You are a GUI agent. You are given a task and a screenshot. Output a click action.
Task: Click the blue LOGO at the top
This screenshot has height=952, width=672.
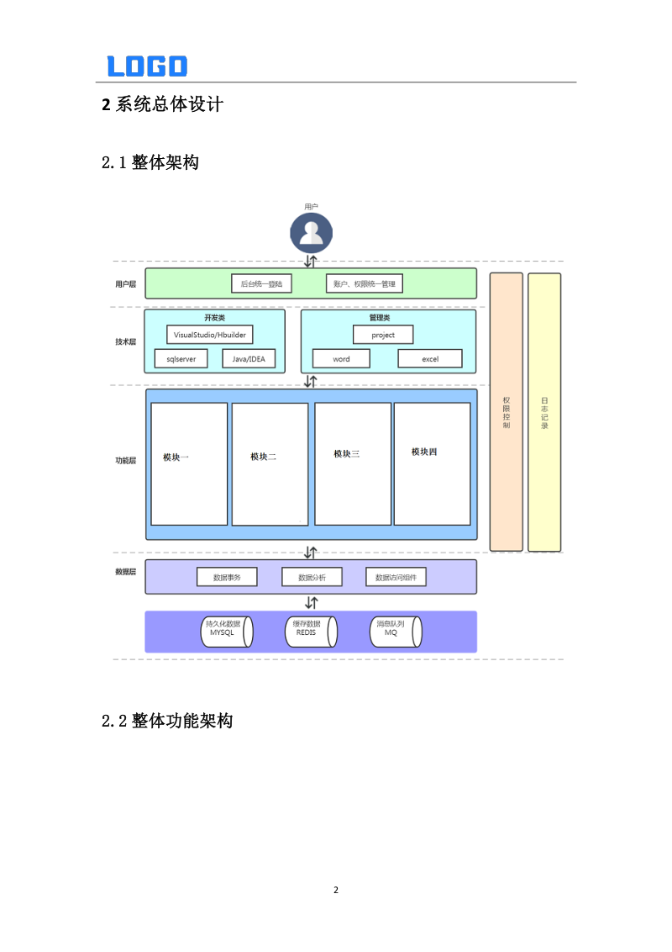[147, 66]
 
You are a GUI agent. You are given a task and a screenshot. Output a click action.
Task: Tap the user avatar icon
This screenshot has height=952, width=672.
[311, 233]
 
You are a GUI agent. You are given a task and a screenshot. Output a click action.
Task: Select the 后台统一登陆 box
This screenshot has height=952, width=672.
[261, 284]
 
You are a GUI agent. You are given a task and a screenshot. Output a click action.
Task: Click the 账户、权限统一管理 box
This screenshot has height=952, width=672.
[364, 284]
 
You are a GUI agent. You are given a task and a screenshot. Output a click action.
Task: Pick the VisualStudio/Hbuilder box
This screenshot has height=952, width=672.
[209, 335]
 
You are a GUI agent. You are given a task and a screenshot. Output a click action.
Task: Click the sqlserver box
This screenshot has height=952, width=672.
[181, 359]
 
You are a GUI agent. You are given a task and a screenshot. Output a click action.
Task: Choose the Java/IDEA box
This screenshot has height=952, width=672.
[249, 359]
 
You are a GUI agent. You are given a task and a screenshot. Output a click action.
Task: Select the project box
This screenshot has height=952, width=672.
[383, 335]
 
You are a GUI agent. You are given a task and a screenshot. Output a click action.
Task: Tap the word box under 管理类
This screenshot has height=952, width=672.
[341, 359]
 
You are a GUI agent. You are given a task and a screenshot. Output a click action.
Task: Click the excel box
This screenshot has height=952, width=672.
[430, 359]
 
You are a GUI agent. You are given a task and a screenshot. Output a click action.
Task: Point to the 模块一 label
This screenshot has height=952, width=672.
[176, 457]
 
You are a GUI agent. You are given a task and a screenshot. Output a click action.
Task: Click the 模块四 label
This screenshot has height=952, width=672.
[424, 452]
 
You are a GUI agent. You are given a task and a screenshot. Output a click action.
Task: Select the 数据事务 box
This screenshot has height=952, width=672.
[227, 578]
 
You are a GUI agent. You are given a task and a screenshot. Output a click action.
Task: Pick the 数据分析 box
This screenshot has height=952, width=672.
[311, 578]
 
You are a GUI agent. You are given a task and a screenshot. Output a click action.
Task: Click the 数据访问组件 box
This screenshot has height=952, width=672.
[396, 578]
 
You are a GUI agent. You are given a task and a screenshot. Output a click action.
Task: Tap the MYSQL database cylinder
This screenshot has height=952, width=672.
[224, 632]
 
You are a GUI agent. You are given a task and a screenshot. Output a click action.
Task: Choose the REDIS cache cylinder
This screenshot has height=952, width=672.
[309, 632]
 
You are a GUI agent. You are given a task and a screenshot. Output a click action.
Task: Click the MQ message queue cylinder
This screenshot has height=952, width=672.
[394, 632]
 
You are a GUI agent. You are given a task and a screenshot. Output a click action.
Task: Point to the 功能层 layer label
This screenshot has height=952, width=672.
[126, 461]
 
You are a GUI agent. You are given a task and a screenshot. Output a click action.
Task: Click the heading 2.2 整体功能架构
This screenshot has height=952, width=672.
[167, 721]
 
